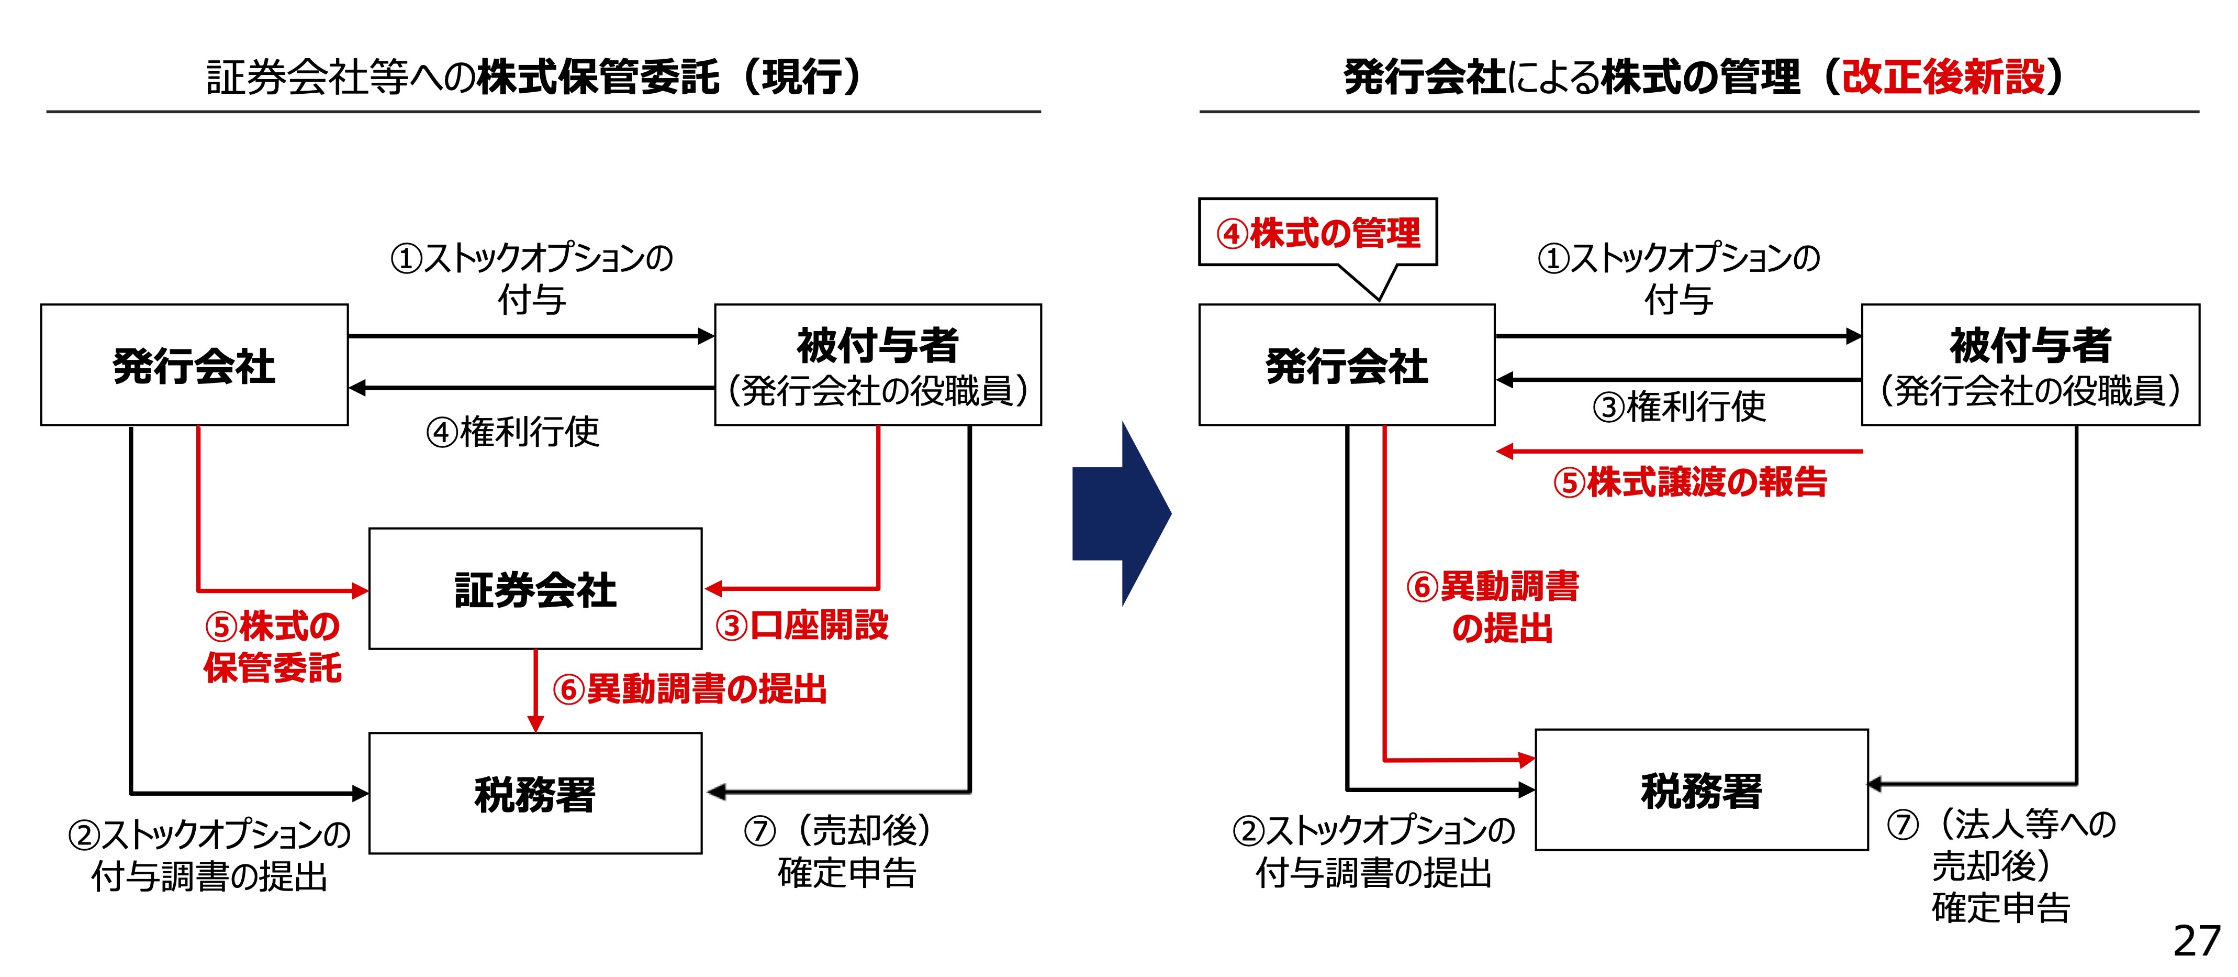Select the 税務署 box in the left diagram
(x=535, y=793)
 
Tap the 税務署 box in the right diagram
(x=1701, y=789)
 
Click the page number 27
(x=2196, y=940)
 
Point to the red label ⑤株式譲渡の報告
(x=1690, y=481)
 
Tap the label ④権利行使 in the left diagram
(x=512, y=431)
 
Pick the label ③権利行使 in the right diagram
(x=1678, y=406)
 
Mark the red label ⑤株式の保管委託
(x=272, y=646)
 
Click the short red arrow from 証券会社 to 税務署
(x=536, y=691)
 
